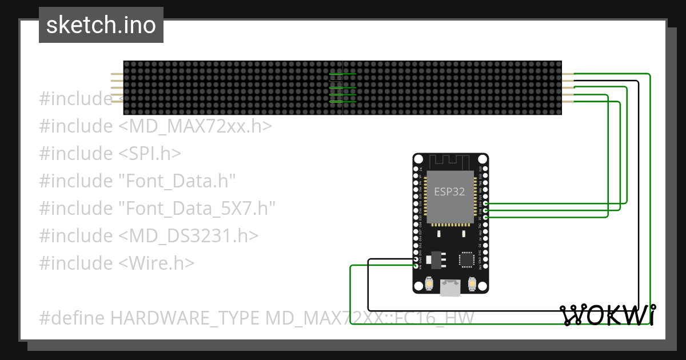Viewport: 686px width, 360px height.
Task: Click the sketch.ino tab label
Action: click(101, 25)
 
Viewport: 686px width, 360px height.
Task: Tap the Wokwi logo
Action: click(608, 315)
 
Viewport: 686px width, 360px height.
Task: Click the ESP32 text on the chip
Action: click(450, 191)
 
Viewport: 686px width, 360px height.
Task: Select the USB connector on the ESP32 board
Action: click(450, 287)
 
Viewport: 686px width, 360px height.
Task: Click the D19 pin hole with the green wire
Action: click(485, 203)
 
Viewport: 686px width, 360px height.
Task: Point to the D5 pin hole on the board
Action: click(485, 217)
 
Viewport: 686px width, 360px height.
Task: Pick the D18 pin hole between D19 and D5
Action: click(485, 210)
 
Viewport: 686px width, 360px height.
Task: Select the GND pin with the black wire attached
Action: click(416, 259)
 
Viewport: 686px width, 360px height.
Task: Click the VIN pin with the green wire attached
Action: click(416, 266)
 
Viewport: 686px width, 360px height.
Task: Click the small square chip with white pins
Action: click(466, 259)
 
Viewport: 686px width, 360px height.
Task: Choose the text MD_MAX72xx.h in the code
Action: click(195, 126)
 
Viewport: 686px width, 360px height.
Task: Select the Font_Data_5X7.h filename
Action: click(197, 209)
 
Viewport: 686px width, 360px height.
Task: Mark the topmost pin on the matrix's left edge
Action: click(117, 74)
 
